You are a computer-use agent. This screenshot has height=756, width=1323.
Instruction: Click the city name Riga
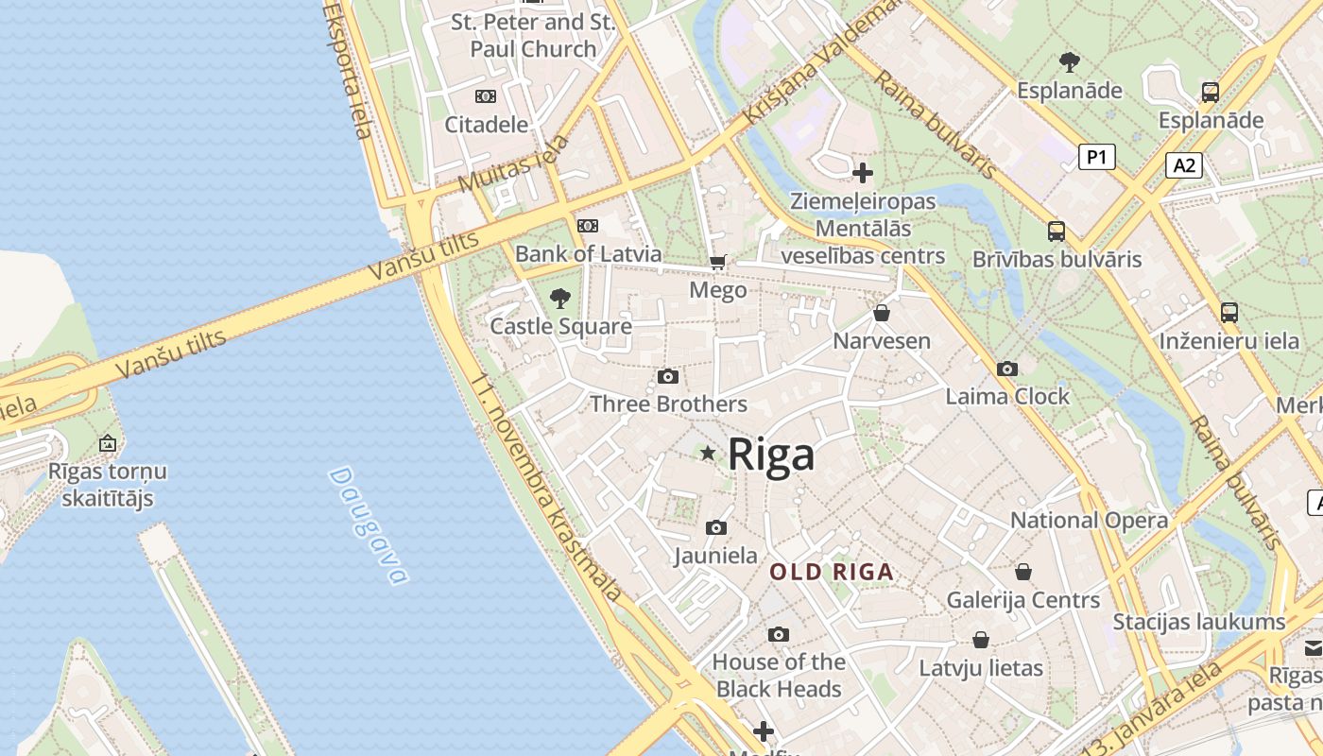click(771, 455)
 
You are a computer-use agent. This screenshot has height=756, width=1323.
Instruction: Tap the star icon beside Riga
click(708, 454)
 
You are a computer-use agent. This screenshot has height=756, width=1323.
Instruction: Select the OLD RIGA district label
click(831, 572)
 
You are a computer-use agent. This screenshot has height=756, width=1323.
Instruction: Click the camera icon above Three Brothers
click(668, 377)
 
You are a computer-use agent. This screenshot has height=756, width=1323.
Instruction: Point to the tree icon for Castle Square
click(560, 299)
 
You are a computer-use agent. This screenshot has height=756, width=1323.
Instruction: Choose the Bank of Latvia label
click(588, 254)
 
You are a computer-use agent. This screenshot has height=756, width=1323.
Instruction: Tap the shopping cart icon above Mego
click(718, 262)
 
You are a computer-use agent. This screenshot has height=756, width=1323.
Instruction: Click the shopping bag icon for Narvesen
click(882, 313)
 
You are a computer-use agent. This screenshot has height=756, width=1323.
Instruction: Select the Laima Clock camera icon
click(1007, 369)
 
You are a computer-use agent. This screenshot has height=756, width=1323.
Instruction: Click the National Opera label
click(1089, 520)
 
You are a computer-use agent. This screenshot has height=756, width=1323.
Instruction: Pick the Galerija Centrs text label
click(1022, 600)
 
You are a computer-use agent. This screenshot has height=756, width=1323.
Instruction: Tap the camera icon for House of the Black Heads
click(778, 634)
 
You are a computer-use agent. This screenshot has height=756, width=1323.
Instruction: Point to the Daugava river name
click(368, 525)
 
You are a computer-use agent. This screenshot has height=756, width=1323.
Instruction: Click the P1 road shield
click(1096, 157)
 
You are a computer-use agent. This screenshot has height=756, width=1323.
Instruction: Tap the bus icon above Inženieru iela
click(1228, 313)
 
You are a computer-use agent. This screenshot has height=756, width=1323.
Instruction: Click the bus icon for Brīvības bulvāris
click(1057, 232)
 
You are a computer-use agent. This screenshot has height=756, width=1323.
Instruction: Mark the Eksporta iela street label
click(348, 71)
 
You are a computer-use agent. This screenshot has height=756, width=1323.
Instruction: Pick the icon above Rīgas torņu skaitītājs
click(108, 443)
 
